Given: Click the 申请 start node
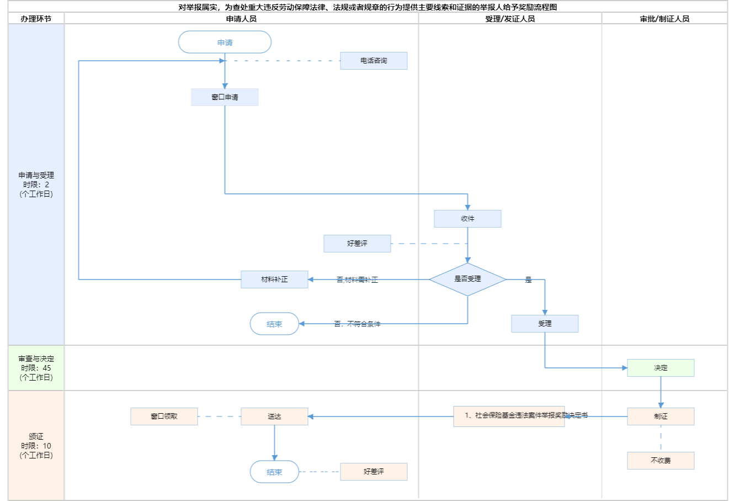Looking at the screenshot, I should (225, 43).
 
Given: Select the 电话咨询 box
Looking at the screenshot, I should (374, 61).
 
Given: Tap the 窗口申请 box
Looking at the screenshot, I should (225, 97).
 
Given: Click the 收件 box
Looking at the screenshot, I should (467, 219).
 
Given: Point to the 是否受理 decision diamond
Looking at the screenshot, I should (467, 279).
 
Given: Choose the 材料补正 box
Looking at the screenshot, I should (274, 279).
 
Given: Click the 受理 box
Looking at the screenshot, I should (545, 324).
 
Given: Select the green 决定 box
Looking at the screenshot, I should (661, 368).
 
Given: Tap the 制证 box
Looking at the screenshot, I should (661, 416).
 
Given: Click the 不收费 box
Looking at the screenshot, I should (661, 461).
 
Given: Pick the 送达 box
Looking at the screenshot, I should (274, 416).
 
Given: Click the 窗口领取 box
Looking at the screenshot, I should (164, 416).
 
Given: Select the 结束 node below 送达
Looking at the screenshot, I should (274, 472).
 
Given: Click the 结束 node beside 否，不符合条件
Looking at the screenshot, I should (274, 324).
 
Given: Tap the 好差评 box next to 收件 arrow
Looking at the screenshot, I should (357, 244).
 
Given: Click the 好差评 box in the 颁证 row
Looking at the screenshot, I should (374, 472).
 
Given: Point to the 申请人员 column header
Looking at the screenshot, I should (241, 19).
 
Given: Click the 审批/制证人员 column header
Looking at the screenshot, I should (664, 19).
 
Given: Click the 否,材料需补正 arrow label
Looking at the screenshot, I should (357, 280).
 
